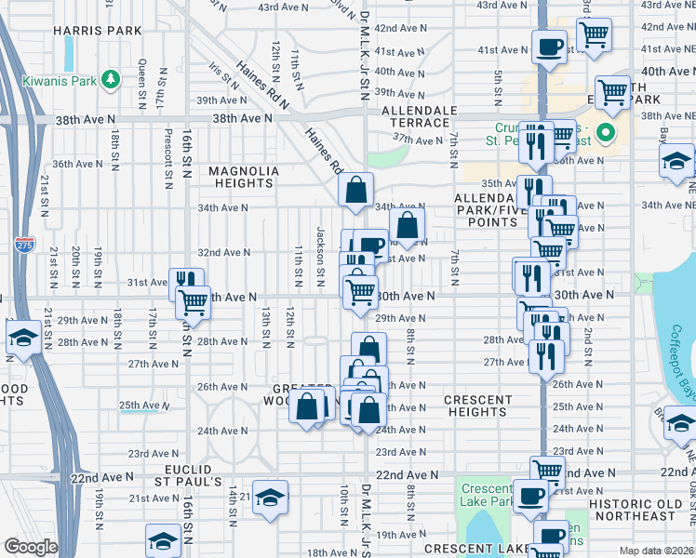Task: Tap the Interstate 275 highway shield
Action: [x=24, y=246]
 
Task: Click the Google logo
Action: [x=31, y=547]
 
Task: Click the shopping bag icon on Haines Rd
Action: [x=355, y=191]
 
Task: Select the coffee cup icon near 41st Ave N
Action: [x=549, y=45]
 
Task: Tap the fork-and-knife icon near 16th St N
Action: [x=186, y=283]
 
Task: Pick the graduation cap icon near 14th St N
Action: [x=270, y=498]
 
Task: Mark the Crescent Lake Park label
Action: [x=487, y=496]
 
